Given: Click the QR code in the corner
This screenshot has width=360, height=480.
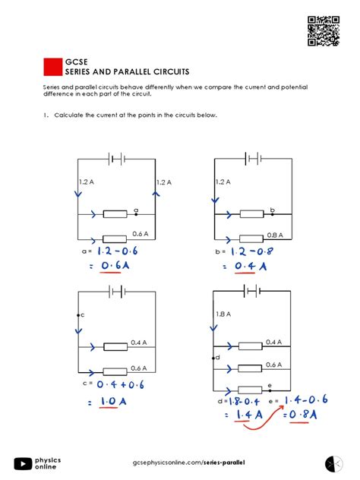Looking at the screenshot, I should (x=321, y=30).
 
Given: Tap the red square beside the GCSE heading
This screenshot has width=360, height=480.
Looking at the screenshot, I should (x=52, y=67).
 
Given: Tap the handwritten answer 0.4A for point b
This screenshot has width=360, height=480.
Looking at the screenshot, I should (x=250, y=266).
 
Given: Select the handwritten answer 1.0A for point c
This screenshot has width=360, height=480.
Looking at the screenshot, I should (x=108, y=401).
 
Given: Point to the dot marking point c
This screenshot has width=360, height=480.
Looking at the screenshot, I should (x=78, y=314).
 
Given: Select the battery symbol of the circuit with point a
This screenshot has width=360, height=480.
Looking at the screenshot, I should (x=116, y=159).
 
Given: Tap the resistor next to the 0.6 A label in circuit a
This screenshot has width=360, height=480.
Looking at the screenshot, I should (x=115, y=238).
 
